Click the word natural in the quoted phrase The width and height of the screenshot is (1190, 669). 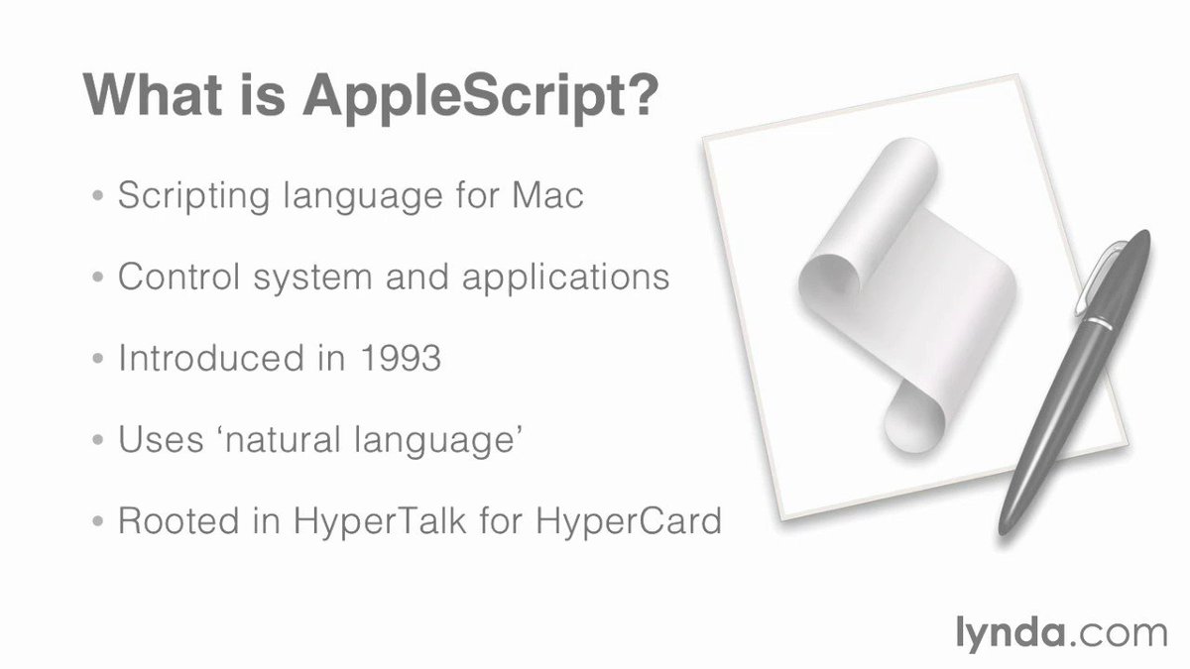point(297,438)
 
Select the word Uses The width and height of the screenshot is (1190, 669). point(156,438)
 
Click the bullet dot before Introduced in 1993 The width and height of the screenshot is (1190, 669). point(97,359)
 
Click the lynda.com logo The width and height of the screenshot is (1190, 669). point(1060,631)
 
